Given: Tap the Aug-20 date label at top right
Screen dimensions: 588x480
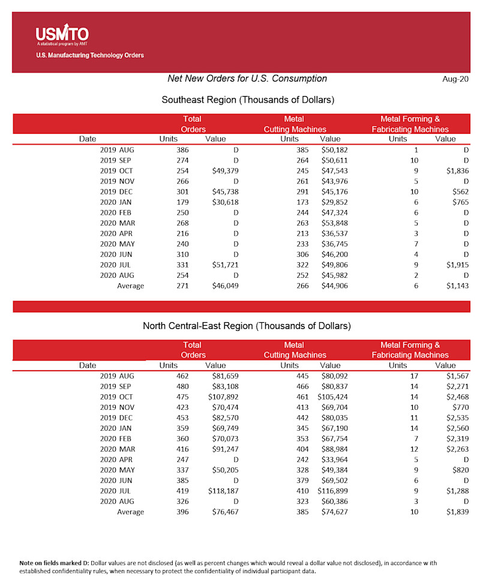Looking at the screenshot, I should (x=455, y=79).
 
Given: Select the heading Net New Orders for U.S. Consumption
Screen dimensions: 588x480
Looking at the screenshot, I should (x=247, y=79).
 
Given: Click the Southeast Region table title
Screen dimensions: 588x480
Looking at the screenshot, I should (x=248, y=100).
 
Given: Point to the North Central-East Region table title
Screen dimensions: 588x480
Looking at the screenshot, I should (x=247, y=326).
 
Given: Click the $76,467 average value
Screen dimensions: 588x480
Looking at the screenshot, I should (x=223, y=512).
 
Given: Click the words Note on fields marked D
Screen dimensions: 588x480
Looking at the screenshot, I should (x=54, y=562).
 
